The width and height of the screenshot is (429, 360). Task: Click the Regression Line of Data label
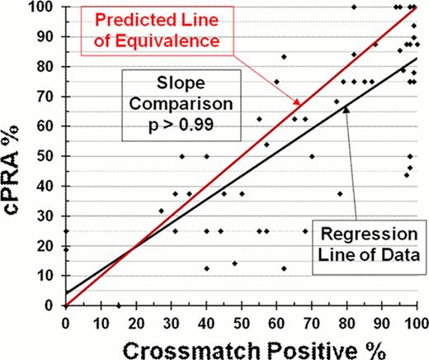point(366,239)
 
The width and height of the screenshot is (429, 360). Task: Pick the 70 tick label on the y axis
point(48,96)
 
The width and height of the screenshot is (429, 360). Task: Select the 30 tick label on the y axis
point(48,216)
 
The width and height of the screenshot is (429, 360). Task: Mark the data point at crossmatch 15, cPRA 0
point(118,306)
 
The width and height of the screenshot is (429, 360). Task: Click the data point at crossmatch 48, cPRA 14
point(234,263)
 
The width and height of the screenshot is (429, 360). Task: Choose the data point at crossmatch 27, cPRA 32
point(161,211)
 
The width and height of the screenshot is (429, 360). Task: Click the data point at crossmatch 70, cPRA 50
point(312,156)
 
